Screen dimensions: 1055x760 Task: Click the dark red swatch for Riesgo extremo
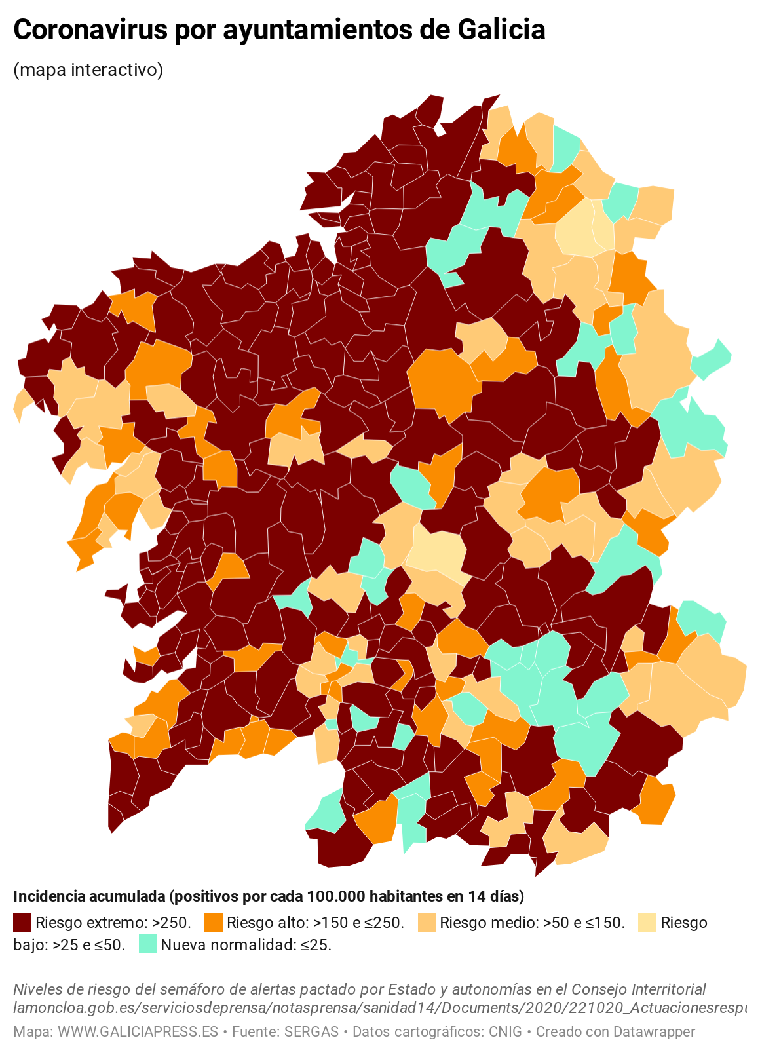click(x=22, y=923)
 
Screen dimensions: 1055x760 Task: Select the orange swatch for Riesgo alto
click(x=214, y=923)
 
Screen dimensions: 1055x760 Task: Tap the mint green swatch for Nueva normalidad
click(x=148, y=944)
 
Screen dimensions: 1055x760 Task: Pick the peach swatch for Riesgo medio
click(x=427, y=923)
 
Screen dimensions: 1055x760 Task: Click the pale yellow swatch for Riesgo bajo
click(x=647, y=923)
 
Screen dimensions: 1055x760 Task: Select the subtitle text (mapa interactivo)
click(x=88, y=69)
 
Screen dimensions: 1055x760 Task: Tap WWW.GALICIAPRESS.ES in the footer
click(x=138, y=1031)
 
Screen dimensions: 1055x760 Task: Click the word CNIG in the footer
click(x=505, y=1031)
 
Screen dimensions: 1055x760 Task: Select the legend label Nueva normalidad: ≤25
click(x=246, y=945)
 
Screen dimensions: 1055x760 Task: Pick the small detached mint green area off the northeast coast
click(x=713, y=358)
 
